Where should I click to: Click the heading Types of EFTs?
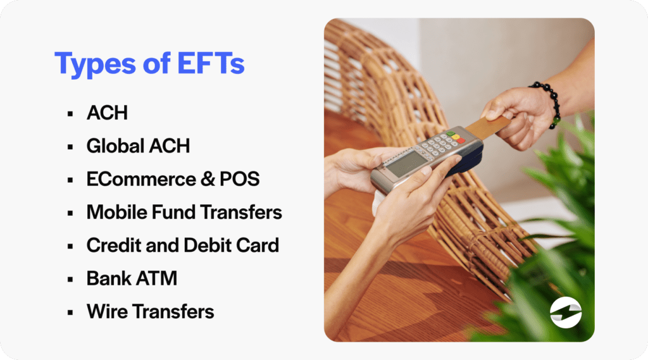pos(149,65)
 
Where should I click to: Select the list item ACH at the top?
pos(107,113)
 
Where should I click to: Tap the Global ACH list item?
pos(138,146)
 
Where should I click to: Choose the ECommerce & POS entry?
pos(173,179)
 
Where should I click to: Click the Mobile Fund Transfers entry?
pos(184,212)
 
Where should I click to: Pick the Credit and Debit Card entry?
pos(182,245)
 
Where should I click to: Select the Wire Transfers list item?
pos(150,311)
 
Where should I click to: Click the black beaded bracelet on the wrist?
pos(548,101)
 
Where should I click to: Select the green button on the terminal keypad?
pos(450,133)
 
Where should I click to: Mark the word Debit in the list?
pos(215,245)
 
